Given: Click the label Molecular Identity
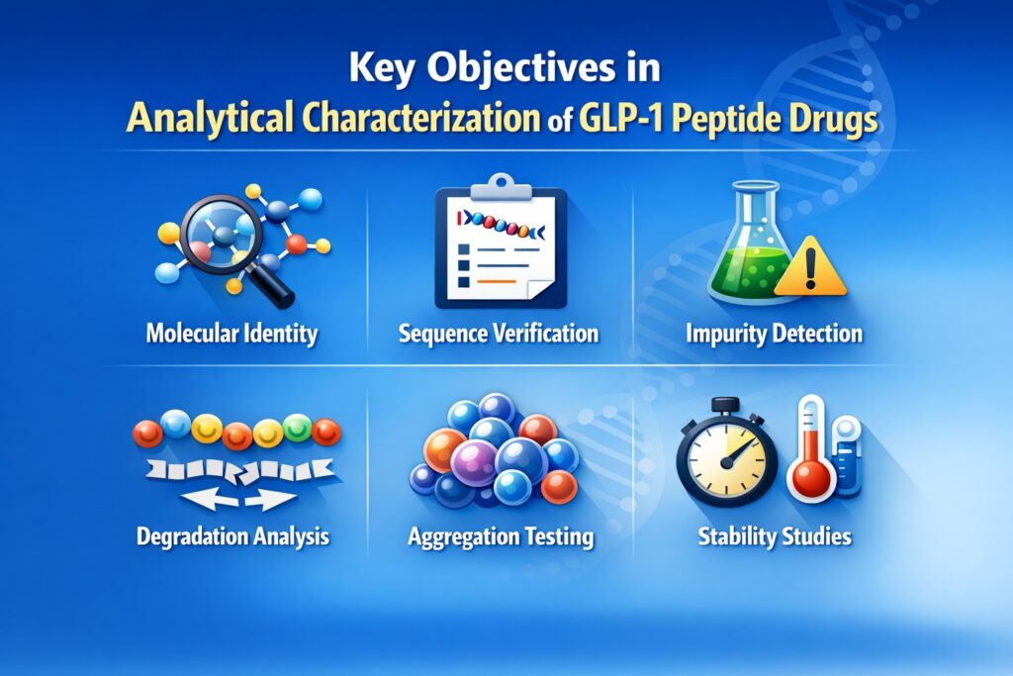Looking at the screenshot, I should (231, 333).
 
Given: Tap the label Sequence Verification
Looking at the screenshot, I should (499, 333).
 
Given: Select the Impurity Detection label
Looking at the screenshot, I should (774, 333).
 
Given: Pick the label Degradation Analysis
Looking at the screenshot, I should (233, 537).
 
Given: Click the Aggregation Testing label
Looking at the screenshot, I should (501, 537).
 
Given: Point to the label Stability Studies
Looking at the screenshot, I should (774, 537).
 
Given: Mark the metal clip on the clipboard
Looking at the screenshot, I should (502, 183).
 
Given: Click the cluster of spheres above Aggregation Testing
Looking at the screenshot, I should (495, 450).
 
